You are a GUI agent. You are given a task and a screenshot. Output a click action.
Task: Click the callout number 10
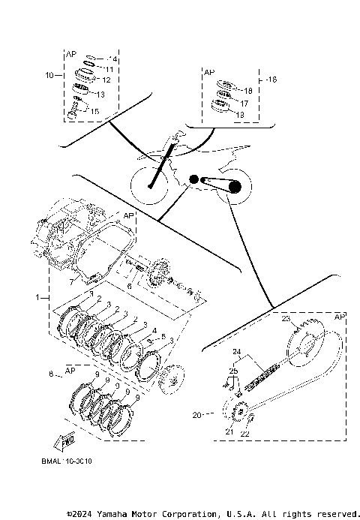coord(49,76)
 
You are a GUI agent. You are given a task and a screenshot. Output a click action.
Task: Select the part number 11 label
coord(109,69)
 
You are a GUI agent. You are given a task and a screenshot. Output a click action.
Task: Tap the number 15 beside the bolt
coord(94,110)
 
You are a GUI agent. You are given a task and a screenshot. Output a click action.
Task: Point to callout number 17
coord(244,103)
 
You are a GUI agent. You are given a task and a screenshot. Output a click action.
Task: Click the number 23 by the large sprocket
coord(286,319)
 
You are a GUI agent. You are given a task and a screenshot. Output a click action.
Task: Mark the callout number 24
coord(236,351)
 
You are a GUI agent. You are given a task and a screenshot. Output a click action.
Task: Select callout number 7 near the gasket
coord(72,281)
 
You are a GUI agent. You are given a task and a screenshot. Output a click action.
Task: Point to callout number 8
coord(50,373)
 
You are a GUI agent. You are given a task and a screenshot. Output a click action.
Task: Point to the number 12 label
coord(106,80)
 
